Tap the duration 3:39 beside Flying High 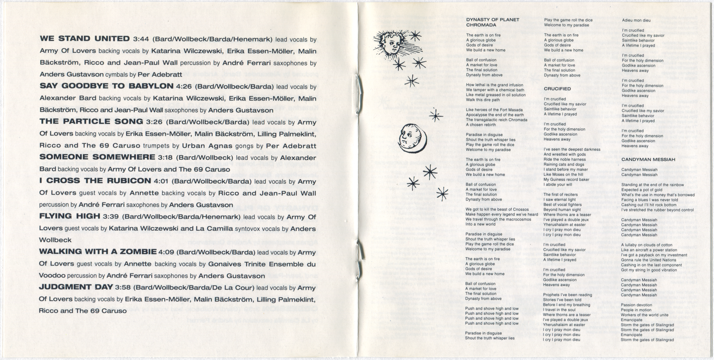point(111,216)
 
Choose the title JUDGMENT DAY point(75,287)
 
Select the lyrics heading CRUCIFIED point(557,89)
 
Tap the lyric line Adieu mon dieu point(636,20)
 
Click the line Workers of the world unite point(644,315)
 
